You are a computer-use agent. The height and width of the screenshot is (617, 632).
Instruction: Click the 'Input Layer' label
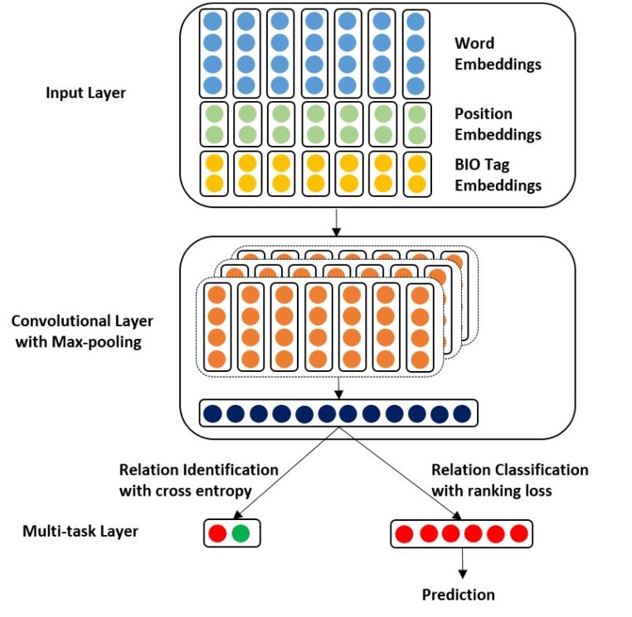(x=85, y=93)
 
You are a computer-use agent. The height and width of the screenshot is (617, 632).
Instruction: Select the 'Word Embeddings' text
(x=497, y=53)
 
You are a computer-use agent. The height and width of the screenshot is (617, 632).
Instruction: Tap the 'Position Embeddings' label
(x=497, y=124)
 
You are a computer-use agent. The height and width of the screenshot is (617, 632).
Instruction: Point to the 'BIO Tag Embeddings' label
(x=497, y=175)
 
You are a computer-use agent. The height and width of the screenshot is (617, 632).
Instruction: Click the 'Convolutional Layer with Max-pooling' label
(x=82, y=330)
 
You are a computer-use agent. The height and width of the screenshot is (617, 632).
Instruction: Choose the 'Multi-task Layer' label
(x=80, y=531)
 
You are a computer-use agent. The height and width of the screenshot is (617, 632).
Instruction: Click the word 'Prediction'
(x=458, y=595)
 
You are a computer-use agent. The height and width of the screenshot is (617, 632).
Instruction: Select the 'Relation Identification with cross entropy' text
(x=198, y=480)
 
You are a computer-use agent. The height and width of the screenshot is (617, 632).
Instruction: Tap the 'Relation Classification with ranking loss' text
(x=509, y=480)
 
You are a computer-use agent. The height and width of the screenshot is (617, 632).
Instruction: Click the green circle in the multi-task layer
(x=241, y=533)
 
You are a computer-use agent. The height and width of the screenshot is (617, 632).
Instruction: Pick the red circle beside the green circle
(x=218, y=533)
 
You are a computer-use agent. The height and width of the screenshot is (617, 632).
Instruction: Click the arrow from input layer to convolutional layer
(x=336, y=221)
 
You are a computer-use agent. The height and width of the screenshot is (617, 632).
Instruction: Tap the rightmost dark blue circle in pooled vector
(x=461, y=412)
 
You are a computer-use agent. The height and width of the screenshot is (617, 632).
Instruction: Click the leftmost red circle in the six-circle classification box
(x=406, y=533)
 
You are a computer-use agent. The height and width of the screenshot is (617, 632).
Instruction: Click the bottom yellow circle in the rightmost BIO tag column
(x=416, y=184)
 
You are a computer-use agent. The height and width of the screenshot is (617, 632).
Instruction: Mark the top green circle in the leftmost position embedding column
(x=213, y=113)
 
